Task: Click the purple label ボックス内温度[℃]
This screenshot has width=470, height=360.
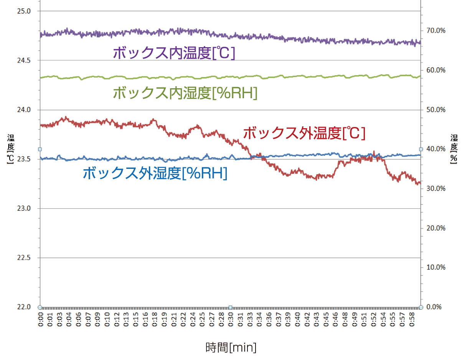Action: tap(174, 53)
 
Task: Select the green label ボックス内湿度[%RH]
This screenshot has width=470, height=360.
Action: tap(185, 93)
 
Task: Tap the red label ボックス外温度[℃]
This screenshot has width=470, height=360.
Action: tap(304, 134)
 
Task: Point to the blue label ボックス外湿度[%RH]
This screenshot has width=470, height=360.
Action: tap(155, 173)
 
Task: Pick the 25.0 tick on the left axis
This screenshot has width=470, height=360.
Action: tap(24, 11)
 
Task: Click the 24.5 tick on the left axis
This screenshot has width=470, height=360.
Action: tap(24, 60)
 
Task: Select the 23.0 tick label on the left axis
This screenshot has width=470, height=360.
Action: tap(24, 209)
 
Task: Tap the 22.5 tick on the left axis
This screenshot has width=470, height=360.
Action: tap(24, 258)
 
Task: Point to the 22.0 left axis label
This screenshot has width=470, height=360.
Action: tap(24, 307)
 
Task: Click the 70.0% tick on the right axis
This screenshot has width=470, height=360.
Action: tap(436, 31)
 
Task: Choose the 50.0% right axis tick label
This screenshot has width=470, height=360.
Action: tap(436, 110)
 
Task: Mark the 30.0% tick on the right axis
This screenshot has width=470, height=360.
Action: tap(436, 188)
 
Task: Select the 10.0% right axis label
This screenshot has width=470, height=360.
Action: tap(436, 268)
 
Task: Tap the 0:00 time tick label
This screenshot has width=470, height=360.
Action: tap(41, 320)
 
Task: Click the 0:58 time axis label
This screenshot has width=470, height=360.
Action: tap(411, 320)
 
